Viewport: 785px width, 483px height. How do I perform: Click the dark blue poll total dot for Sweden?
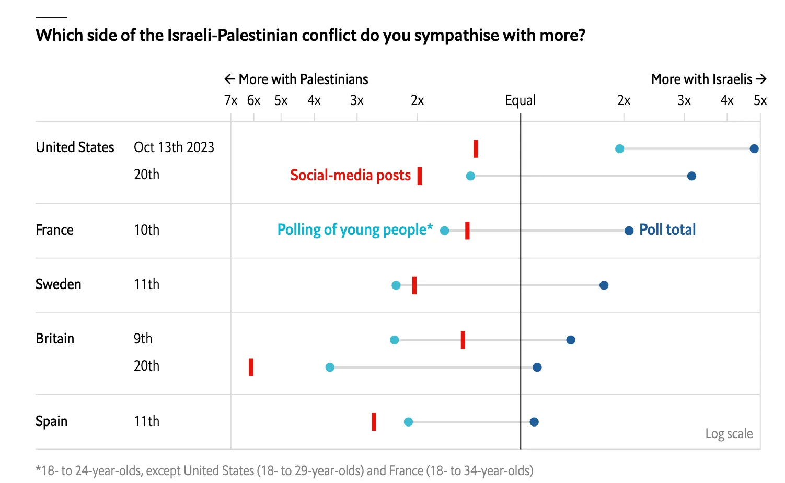click(x=604, y=285)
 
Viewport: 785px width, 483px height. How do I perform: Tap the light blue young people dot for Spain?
click(x=408, y=422)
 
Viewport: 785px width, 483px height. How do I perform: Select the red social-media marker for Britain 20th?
click(x=251, y=367)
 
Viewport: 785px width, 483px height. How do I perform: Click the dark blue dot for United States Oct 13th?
click(x=754, y=149)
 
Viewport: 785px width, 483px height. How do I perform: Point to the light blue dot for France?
click(x=444, y=231)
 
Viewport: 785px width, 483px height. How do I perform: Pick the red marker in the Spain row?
click(x=374, y=422)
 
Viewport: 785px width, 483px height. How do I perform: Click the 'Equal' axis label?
click(x=520, y=100)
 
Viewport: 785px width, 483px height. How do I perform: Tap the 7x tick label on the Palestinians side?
click(x=230, y=100)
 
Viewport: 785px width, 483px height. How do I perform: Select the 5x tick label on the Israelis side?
click(x=760, y=100)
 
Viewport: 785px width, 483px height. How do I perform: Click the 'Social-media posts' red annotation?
click(x=350, y=175)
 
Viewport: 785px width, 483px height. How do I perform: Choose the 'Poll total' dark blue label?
click(x=667, y=229)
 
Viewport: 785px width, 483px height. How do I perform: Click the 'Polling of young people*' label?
click(x=355, y=229)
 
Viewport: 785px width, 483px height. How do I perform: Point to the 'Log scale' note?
click(x=729, y=433)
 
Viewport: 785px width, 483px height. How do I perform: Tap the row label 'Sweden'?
click(x=59, y=284)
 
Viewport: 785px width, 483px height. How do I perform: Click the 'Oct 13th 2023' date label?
click(x=174, y=147)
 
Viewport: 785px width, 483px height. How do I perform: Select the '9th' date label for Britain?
click(x=143, y=339)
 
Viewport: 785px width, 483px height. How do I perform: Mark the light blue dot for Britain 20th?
click(x=330, y=367)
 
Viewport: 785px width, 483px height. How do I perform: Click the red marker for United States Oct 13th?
click(x=476, y=149)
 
